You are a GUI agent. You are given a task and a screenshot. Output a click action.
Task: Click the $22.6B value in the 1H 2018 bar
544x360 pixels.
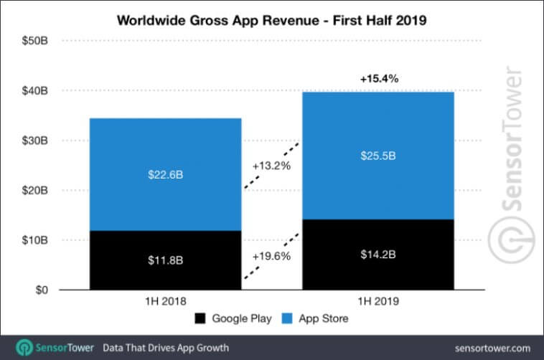click(165, 174)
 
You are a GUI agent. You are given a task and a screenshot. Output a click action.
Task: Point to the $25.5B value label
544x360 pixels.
click(377, 156)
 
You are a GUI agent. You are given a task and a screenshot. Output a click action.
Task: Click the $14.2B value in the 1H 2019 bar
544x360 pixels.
click(377, 255)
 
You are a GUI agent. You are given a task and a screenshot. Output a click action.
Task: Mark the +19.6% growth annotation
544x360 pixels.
click(271, 255)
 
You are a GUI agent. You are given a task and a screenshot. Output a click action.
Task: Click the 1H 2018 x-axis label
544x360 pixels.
click(165, 302)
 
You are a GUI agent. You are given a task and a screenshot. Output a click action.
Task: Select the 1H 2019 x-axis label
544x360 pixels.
click(377, 302)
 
